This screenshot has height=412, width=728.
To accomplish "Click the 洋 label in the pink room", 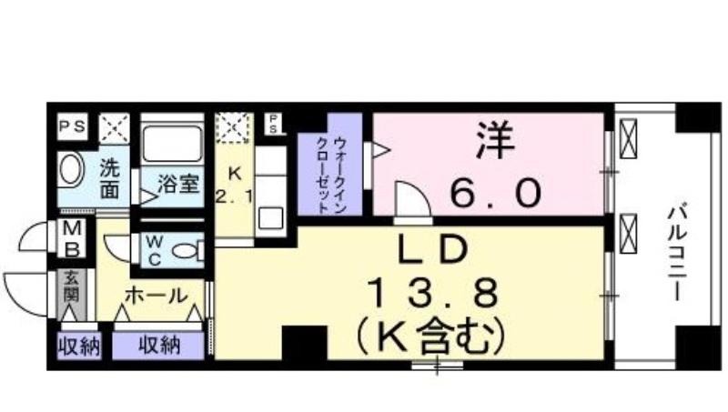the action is pos(495,140).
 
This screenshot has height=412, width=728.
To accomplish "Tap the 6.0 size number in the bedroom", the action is pos(495,193).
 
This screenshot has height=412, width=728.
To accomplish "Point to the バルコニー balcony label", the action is pos(678,254).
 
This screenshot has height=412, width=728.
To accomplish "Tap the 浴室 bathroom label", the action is pos(178,184).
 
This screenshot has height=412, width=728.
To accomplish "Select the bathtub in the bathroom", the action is pos(172,143).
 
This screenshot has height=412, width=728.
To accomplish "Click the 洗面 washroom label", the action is pos(109,178).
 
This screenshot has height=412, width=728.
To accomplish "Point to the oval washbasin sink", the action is pos(70,169).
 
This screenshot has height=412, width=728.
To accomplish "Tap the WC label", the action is pos(154,250).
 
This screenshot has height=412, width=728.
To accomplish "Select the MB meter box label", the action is pos(72,239).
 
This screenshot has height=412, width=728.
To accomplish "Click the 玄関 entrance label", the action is pos(72,286).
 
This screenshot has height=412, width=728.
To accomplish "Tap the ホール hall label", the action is pos(157,296).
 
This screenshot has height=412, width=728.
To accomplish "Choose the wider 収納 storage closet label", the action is pos(159,346).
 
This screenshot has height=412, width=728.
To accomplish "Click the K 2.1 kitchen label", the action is pos(235,186).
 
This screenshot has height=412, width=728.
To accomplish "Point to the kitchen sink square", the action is pos(270,218).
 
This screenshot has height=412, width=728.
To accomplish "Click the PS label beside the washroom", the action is pos(73,126).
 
